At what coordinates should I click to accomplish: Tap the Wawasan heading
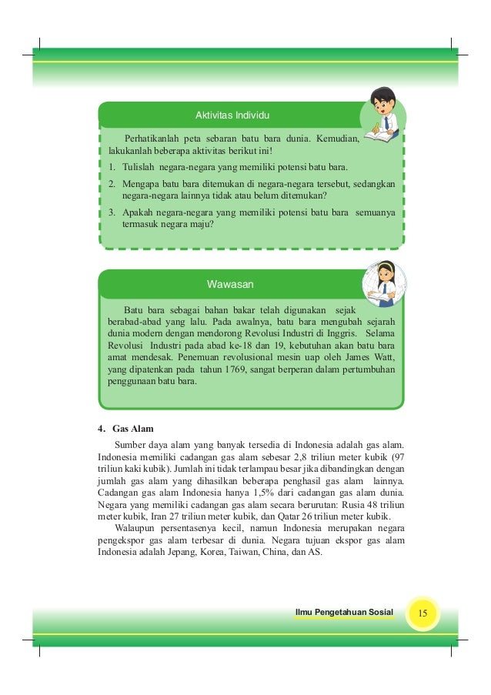(231, 284)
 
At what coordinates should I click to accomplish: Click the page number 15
(423, 613)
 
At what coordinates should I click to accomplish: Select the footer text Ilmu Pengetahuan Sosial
(344, 613)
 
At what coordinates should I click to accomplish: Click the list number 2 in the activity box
(112, 185)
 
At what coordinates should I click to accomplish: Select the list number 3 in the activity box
(112, 211)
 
